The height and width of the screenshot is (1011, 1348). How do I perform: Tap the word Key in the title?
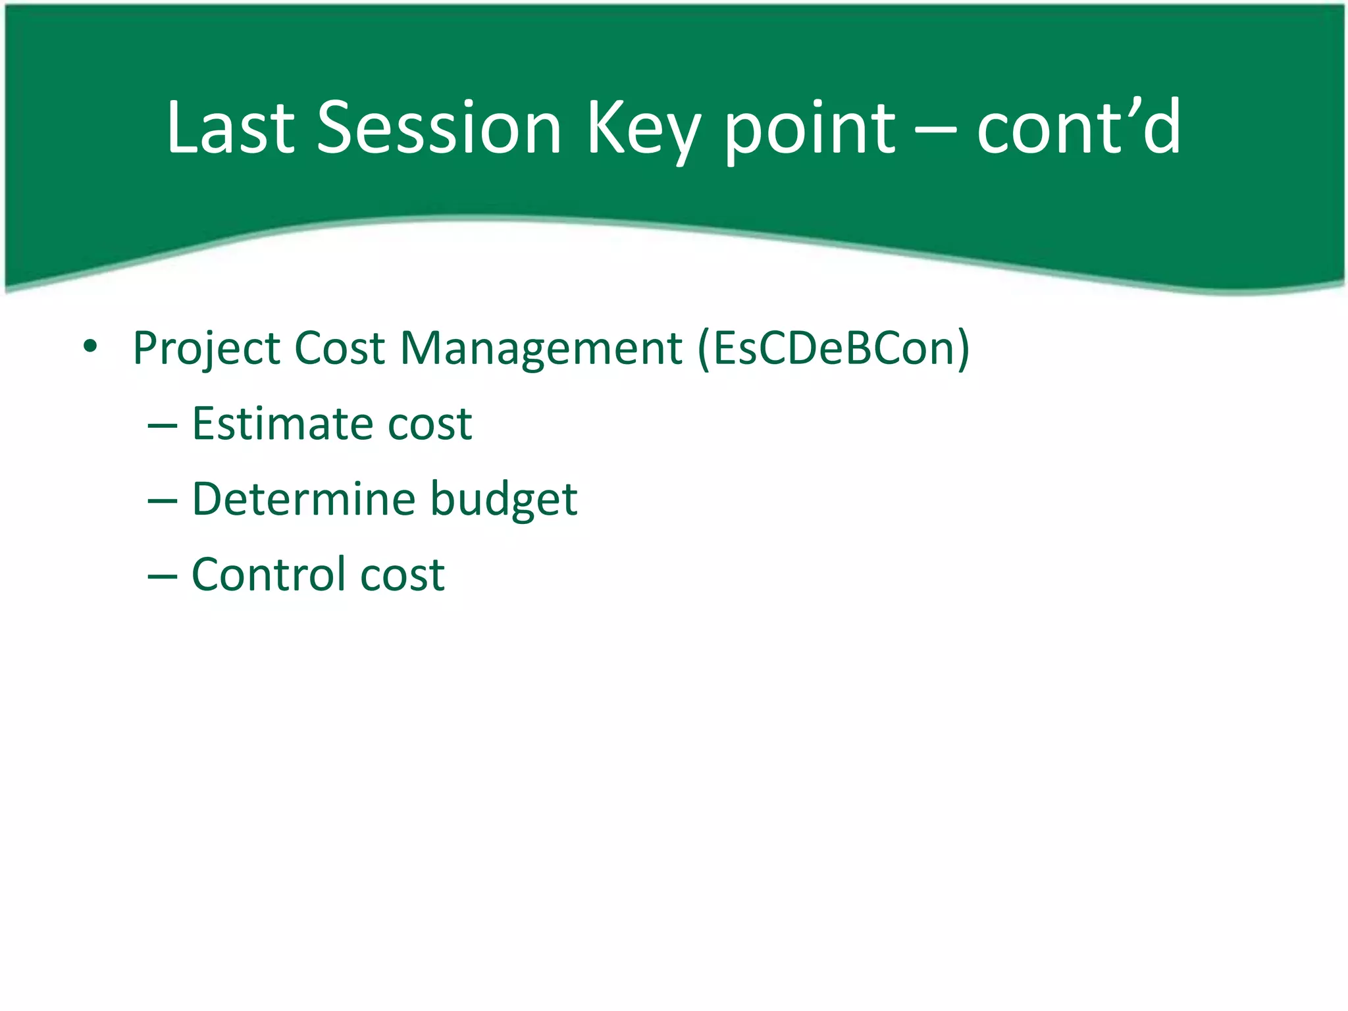[642, 132]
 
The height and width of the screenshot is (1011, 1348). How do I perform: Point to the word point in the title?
[809, 132]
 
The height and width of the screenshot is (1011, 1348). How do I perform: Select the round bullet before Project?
[90, 346]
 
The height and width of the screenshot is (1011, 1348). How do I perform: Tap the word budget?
[504, 500]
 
